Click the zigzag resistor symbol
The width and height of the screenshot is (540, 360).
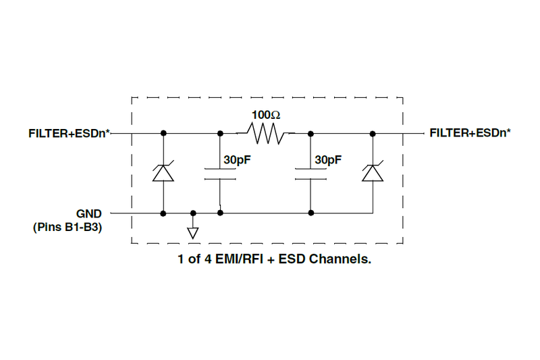266,133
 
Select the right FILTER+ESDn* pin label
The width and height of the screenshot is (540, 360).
470,133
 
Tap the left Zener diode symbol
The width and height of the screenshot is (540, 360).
163,172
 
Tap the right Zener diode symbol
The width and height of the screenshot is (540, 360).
373,172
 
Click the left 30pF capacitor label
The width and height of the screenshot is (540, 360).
238,160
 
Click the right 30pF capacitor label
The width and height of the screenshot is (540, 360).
329,160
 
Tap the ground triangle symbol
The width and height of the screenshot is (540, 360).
193,233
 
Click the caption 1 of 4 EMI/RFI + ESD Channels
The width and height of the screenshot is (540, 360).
275,259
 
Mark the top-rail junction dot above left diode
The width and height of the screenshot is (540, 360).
163,133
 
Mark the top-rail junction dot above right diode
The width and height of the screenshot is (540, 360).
373,133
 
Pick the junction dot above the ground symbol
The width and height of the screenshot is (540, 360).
193,213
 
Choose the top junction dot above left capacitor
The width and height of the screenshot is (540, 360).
221,133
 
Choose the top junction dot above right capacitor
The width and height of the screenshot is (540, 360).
310,133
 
